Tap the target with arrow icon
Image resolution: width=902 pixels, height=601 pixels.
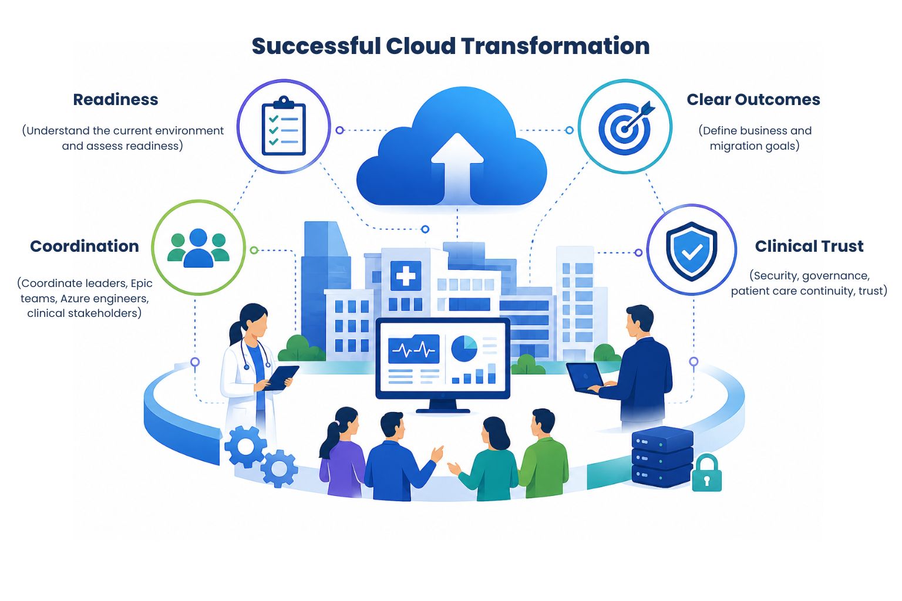tap(626, 127)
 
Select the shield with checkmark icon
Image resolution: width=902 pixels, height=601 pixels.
tap(691, 251)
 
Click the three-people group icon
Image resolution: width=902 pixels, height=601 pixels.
tap(198, 248)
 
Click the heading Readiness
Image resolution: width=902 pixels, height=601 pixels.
tap(116, 99)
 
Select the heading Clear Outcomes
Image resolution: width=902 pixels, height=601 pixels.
tap(753, 99)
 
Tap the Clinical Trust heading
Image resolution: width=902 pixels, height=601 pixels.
tap(809, 246)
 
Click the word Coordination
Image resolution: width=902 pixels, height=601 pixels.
tap(85, 246)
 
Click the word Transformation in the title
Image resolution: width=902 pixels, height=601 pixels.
tap(556, 46)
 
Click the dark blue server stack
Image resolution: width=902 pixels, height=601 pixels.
tap(662, 457)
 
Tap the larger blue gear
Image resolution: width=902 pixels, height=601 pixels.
tap(245, 447)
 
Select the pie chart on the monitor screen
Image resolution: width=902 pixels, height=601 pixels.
tap(465, 348)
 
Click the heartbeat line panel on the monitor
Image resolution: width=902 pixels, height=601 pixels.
tap(413, 349)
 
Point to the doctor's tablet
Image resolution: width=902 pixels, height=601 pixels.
tap(281, 377)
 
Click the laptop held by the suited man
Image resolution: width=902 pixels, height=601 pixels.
tap(585, 378)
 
